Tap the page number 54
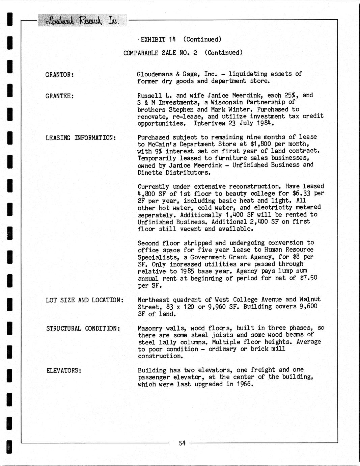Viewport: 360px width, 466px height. click(182, 443)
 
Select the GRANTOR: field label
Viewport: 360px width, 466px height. click(60, 74)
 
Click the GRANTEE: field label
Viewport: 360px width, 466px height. click(60, 96)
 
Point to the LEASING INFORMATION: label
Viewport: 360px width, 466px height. click(81, 138)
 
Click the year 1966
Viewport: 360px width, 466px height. click(244, 384)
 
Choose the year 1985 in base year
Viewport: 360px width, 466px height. click(186, 271)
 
